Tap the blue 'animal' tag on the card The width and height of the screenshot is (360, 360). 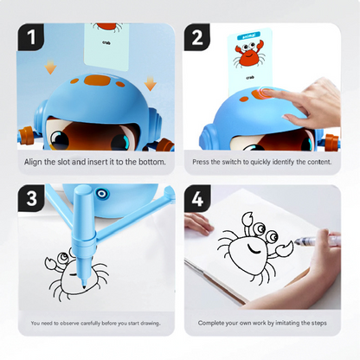(250, 36)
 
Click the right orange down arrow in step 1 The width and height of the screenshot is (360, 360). (150, 83)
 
